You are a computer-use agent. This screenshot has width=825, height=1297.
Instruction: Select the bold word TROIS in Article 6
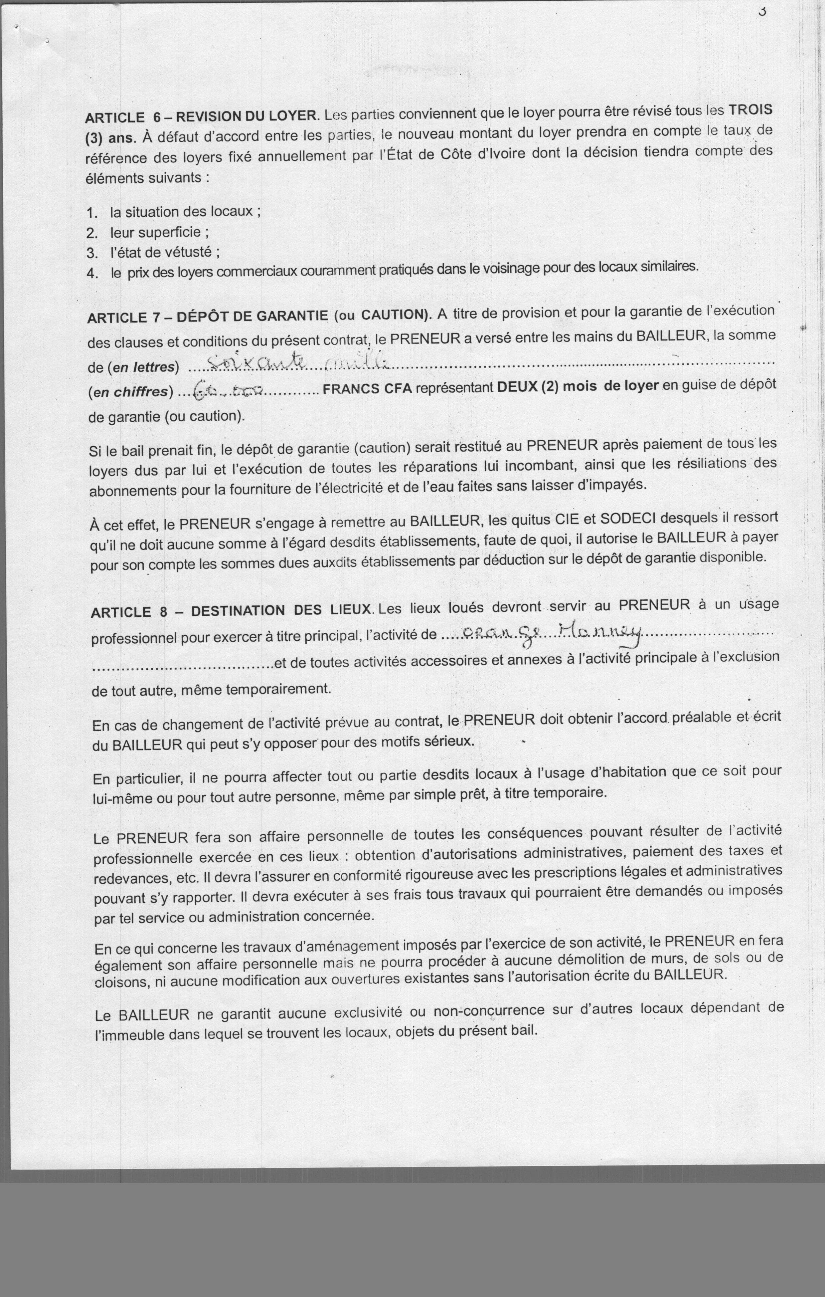pos(749,109)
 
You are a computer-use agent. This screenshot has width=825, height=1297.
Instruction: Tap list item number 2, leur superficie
pos(159,232)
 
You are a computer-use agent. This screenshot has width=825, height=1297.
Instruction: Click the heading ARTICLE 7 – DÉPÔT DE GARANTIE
pos(207,317)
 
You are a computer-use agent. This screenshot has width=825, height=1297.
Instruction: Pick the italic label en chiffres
pos(131,392)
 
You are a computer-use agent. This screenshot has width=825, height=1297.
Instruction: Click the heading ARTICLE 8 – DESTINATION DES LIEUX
pos(232,611)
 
